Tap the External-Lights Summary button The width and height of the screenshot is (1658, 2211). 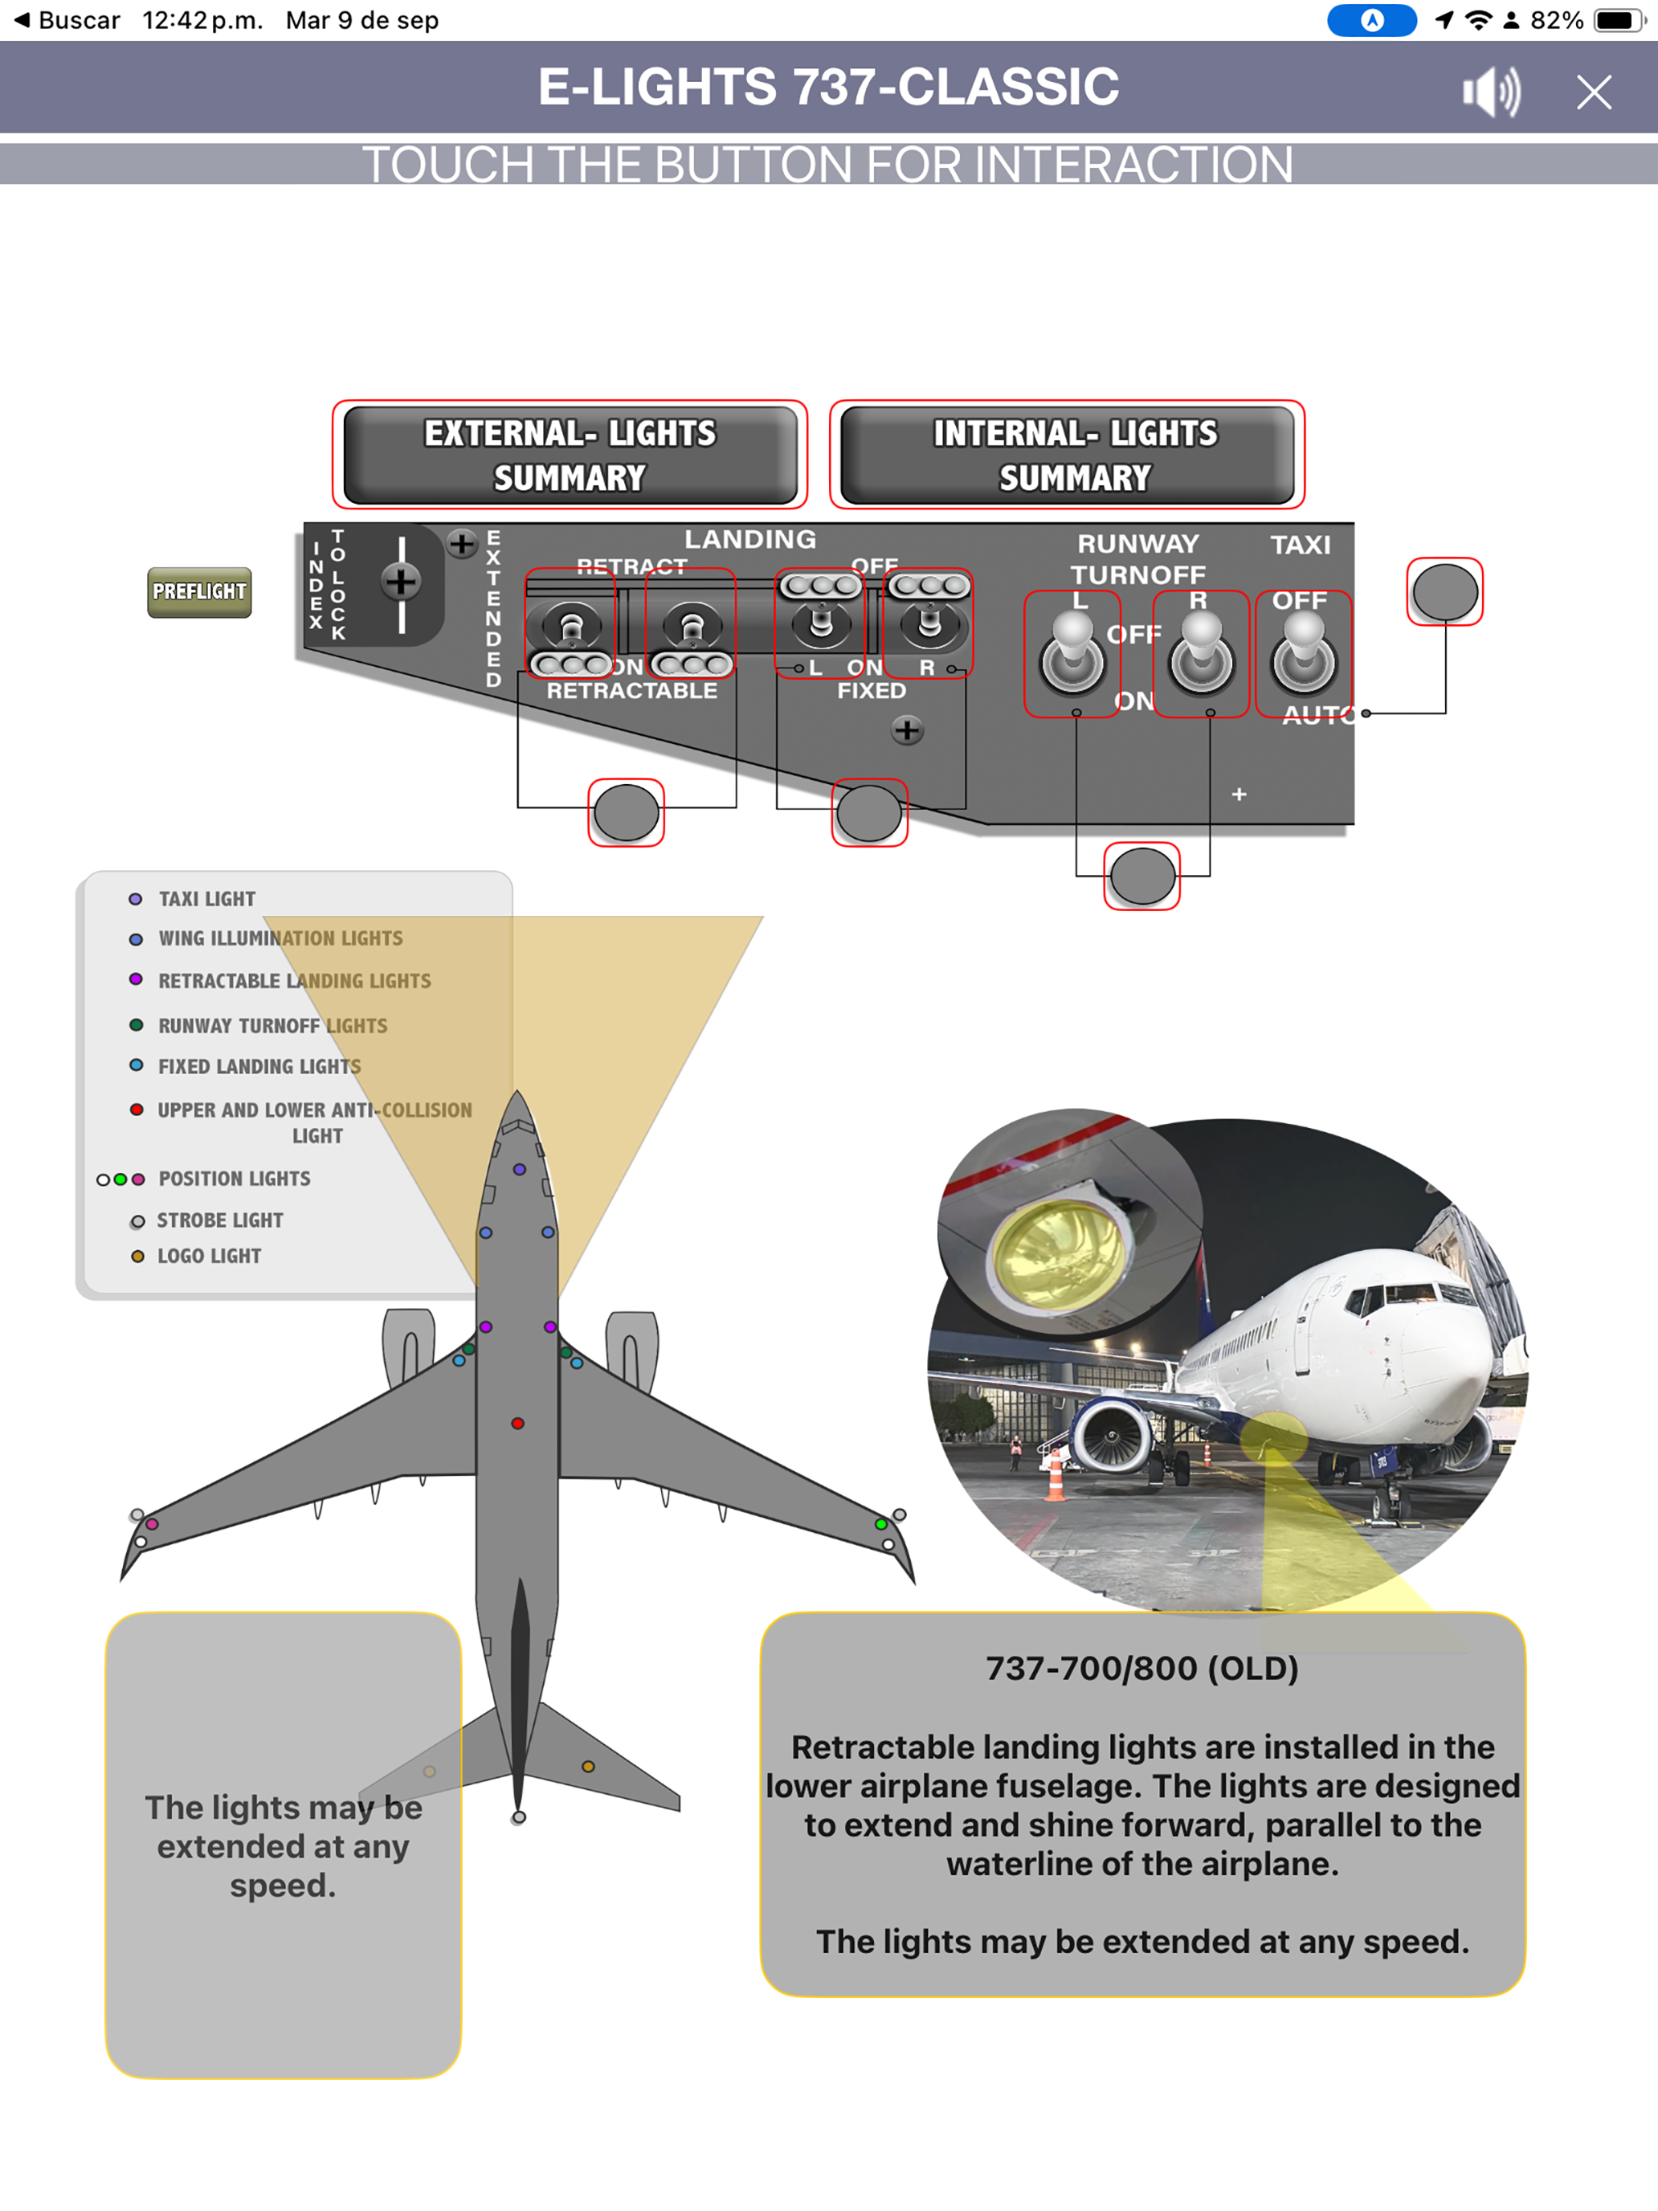[570, 455]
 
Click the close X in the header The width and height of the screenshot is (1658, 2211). [1593, 92]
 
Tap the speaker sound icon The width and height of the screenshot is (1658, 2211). [1490, 92]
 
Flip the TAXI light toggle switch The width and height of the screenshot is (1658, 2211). [1303, 655]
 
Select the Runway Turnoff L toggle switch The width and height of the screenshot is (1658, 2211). [1072, 655]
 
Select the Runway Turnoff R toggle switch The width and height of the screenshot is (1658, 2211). [1201, 655]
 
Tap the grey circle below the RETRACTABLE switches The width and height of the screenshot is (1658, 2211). [626, 812]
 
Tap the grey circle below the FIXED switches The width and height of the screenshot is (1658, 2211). [869, 812]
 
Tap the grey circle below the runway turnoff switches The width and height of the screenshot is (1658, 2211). [1142, 877]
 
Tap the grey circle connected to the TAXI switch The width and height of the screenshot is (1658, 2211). [1444, 592]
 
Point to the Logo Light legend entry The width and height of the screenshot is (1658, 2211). [208, 1257]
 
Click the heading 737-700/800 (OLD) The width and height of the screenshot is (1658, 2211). [1142, 1668]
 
